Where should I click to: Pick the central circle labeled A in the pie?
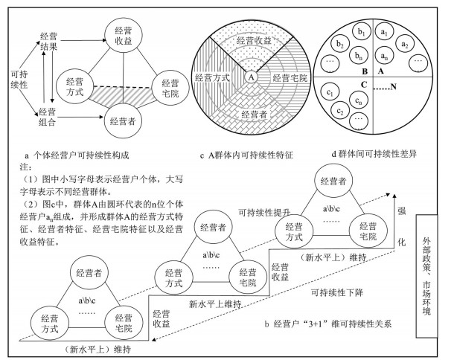(251, 76)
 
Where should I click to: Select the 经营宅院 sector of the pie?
(286, 77)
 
